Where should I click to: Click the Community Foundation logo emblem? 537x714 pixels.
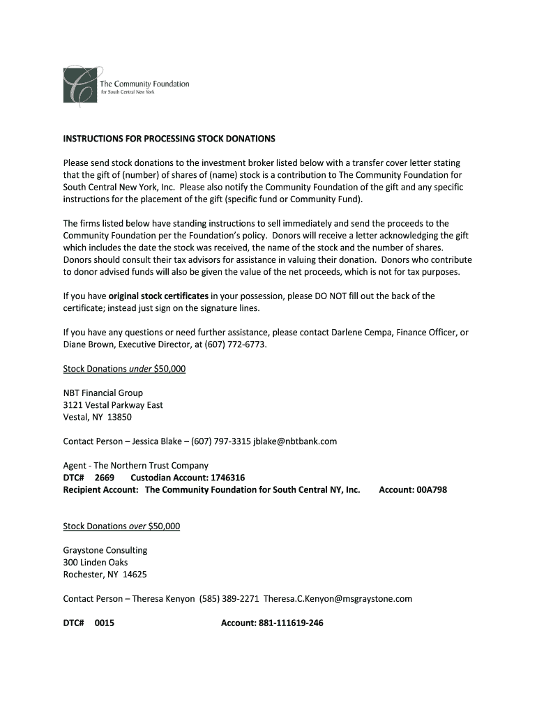tap(78, 86)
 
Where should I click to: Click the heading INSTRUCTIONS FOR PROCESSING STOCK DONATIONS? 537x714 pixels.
tap(169, 139)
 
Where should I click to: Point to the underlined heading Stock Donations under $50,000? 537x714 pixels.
tap(124, 368)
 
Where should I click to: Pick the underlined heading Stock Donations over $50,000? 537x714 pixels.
tap(121, 526)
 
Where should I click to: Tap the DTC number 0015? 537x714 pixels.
tap(105, 623)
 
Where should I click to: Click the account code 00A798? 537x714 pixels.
tap(432, 489)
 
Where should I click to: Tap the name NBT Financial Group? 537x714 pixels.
tap(103, 393)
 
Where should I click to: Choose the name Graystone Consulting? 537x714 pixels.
tap(105, 550)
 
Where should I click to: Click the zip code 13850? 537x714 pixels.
tap(119, 417)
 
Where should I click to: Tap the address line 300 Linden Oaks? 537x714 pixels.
tap(96, 562)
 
